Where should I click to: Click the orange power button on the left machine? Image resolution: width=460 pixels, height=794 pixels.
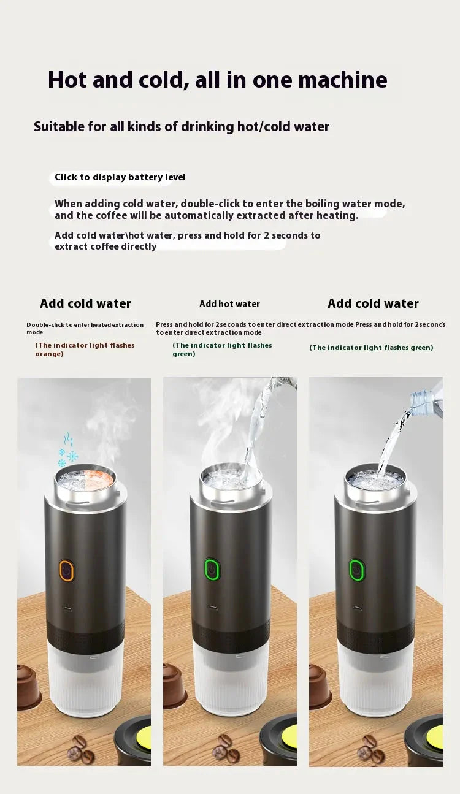coord(66,570)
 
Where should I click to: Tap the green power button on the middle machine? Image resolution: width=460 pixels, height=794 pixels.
coord(212,570)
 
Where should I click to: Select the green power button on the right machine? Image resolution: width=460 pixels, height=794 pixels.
coord(356,570)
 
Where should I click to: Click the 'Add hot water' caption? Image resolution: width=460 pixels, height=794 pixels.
coord(229,304)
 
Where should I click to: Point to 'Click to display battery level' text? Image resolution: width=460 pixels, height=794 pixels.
coord(120,177)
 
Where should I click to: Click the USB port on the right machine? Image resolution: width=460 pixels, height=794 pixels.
coord(357,608)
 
